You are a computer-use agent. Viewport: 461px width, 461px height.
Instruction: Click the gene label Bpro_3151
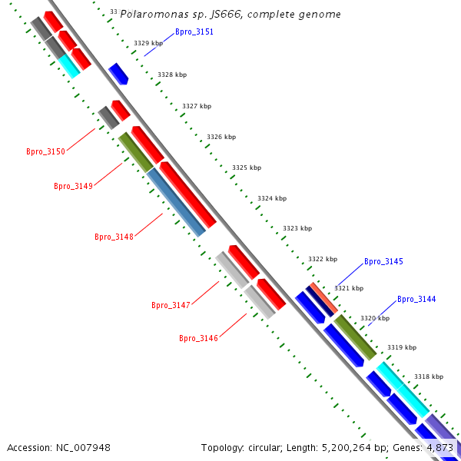194,32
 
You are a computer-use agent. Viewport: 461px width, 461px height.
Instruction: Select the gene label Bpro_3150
45,151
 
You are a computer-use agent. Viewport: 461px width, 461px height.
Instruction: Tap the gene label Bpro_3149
73,186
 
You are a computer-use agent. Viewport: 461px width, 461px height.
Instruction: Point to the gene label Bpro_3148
114,237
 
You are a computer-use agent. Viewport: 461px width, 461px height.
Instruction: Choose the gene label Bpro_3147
171,305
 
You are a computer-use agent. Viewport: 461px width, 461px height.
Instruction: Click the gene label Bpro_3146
198,338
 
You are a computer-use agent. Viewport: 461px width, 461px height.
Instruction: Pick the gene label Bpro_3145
383,262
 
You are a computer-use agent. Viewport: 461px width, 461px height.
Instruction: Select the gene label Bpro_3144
416,299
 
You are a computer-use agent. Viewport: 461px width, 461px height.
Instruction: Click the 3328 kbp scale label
172,75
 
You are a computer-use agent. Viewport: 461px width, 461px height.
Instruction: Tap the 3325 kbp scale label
247,167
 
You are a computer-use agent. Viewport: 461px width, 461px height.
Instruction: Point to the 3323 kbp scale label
297,229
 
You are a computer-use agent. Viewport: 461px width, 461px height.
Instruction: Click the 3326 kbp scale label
221,137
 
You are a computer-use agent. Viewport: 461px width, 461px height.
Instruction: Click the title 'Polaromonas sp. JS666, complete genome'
230,15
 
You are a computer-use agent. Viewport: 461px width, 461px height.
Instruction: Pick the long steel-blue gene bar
176,202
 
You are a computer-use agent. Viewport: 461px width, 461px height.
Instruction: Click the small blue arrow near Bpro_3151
118,74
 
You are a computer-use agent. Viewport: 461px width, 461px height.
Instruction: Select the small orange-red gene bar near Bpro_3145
323,298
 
